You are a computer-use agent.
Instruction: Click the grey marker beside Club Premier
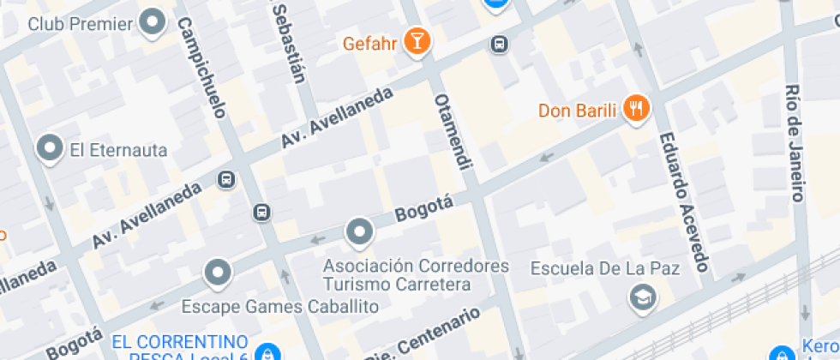click(x=153, y=22)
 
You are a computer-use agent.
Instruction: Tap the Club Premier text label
click(x=81, y=23)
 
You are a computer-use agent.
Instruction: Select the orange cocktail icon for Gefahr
click(x=417, y=42)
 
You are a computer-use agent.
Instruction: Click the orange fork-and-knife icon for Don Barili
click(x=636, y=109)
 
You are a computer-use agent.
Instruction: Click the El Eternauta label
click(x=118, y=150)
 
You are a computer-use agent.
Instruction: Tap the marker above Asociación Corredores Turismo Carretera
click(x=359, y=231)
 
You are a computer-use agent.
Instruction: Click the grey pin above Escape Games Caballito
click(x=218, y=273)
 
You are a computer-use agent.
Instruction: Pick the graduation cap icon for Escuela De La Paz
click(x=640, y=297)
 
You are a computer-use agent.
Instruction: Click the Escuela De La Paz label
click(x=605, y=269)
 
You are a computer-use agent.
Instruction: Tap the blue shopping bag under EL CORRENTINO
click(x=267, y=353)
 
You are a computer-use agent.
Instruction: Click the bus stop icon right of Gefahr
click(x=498, y=43)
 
